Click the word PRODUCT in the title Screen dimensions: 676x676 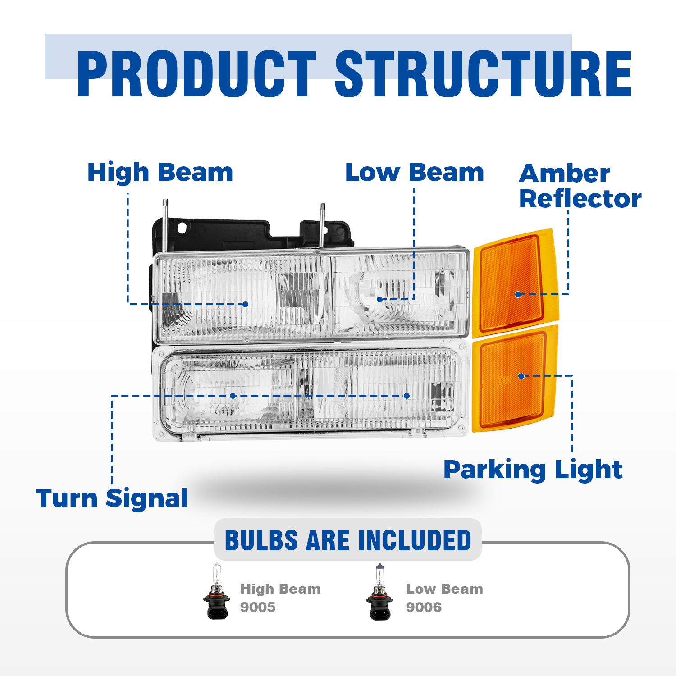pyautogui.click(x=197, y=74)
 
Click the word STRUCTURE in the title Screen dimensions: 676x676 pyautogui.click(x=483, y=74)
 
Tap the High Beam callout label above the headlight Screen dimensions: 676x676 pyautogui.click(x=160, y=173)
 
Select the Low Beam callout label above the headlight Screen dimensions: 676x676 pyautogui.click(x=414, y=173)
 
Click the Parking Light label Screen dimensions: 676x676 pyautogui.click(x=533, y=470)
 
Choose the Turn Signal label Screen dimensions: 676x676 pyautogui.click(x=112, y=498)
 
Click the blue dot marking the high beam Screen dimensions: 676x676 pyautogui.click(x=245, y=305)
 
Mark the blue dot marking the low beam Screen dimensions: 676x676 pyautogui.click(x=379, y=299)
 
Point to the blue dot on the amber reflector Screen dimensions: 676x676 pyautogui.click(x=518, y=294)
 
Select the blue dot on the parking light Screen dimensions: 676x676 pyautogui.click(x=521, y=376)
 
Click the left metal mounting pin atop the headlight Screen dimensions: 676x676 pyautogui.click(x=165, y=223)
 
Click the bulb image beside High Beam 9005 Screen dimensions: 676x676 pyautogui.click(x=217, y=591)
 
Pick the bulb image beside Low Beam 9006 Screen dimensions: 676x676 pyautogui.click(x=379, y=591)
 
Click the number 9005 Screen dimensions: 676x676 pyautogui.click(x=258, y=607)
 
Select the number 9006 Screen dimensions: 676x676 pyautogui.click(x=424, y=607)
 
